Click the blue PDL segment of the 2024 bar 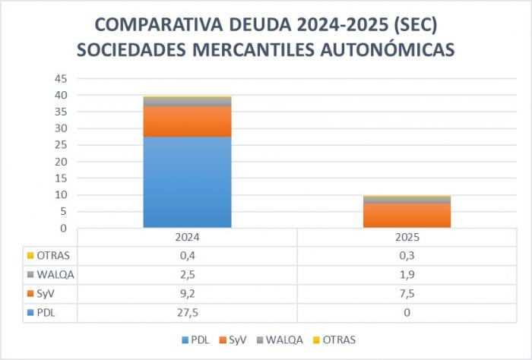tap(187, 182)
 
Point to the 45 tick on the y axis tap(62, 79)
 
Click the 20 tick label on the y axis tap(62, 162)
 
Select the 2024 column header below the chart tap(187, 237)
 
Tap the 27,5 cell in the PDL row tap(187, 311)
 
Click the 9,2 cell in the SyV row tap(187, 292)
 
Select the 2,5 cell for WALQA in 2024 tap(187, 273)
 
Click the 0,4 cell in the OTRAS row tap(187, 255)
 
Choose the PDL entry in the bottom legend tap(199, 339)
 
